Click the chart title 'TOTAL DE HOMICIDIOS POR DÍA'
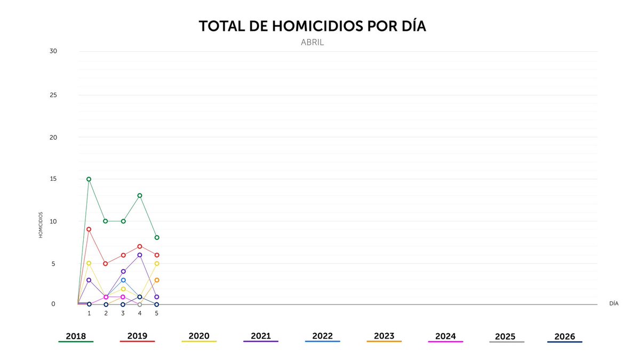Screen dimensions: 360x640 point(312,27)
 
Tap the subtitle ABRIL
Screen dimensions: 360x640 point(312,43)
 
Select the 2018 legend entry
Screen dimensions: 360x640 point(76,337)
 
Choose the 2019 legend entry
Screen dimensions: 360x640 point(137,337)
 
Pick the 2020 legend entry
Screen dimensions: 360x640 point(199,337)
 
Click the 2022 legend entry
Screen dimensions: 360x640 point(322,337)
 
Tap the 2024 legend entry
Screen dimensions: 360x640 point(445,337)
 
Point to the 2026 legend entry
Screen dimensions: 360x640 point(564,337)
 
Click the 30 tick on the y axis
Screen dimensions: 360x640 point(53,51)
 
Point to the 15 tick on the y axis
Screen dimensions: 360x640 point(53,179)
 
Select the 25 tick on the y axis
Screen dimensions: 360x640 point(53,95)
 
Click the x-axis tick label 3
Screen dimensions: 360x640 point(123,314)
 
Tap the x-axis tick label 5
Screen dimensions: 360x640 point(156,314)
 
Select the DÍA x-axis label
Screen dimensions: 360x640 point(613,303)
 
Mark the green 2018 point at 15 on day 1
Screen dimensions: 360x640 point(89,179)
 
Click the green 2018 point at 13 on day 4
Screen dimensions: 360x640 point(140,196)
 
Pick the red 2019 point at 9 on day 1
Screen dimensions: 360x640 point(89,229)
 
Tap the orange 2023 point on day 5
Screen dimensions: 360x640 point(157,280)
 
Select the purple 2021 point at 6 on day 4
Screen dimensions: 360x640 point(140,255)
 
